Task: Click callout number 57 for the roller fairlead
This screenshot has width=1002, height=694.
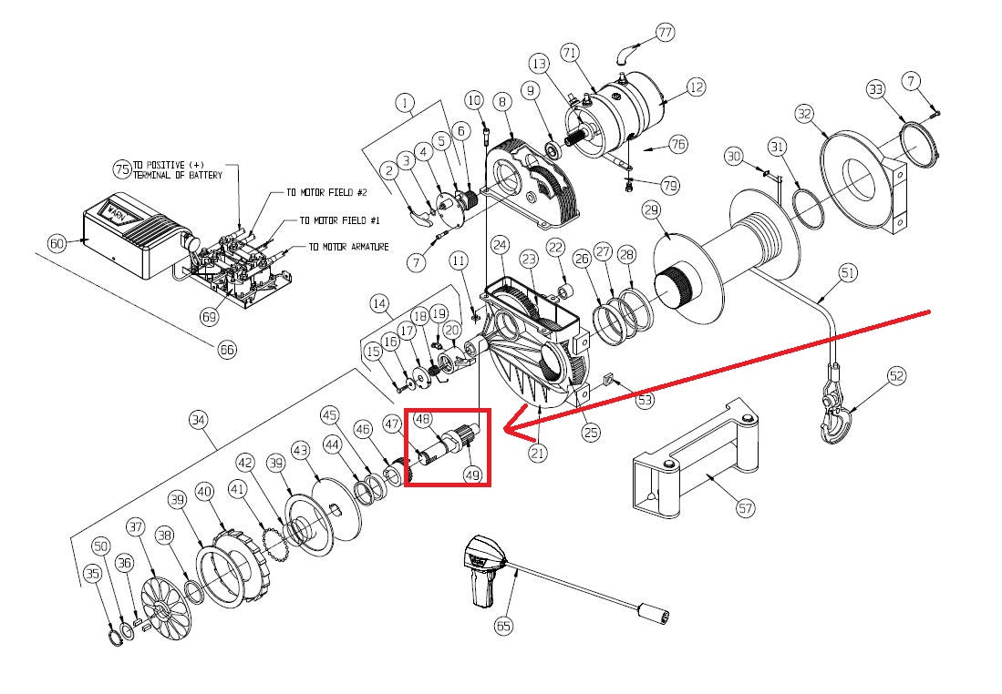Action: (746, 508)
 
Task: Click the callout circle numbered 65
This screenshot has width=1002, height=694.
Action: (504, 625)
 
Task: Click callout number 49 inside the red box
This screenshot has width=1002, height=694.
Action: (472, 475)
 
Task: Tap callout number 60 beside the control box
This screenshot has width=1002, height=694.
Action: (57, 243)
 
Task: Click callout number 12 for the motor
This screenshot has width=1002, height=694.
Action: (697, 87)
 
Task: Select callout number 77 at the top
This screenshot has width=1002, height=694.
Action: (665, 33)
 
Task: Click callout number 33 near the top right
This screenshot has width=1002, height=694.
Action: (876, 89)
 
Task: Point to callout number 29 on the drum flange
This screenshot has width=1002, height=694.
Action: (650, 210)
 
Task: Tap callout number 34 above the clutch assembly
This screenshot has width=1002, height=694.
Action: (199, 420)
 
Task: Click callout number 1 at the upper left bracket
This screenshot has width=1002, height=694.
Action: (405, 104)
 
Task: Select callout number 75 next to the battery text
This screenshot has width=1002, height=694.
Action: (122, 168)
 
